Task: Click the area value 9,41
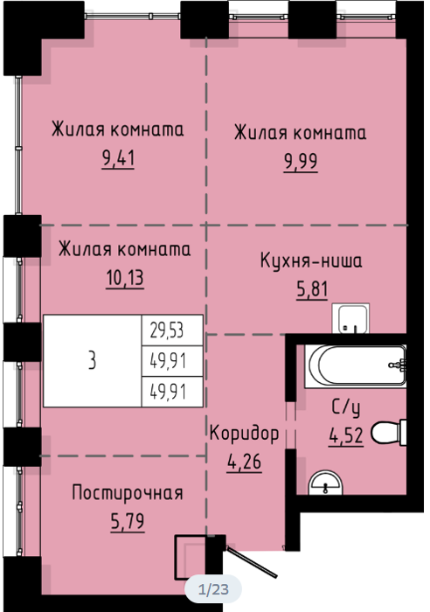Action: pos(118,159)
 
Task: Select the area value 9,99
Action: pos(301,162)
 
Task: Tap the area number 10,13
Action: pos(125,278)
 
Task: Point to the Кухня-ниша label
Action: pos(311,261)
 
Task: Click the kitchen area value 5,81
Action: pos(312,290)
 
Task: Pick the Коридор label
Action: pos(244,434)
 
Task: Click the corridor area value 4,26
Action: pos(244,462)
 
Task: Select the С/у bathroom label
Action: pos(346,408)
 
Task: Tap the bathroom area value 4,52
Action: pos(346,436)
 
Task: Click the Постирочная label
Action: pos(128,493)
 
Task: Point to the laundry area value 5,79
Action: pos(128,522)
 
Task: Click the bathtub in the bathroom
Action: pos(355,366)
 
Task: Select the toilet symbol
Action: pos(389,433)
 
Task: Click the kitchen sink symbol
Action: pos(350,318)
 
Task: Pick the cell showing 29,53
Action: pos(171,330)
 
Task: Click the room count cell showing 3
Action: pos(92,360)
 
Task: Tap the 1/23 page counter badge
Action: pos(213,589)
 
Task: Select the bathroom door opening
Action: pos(291,425)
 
